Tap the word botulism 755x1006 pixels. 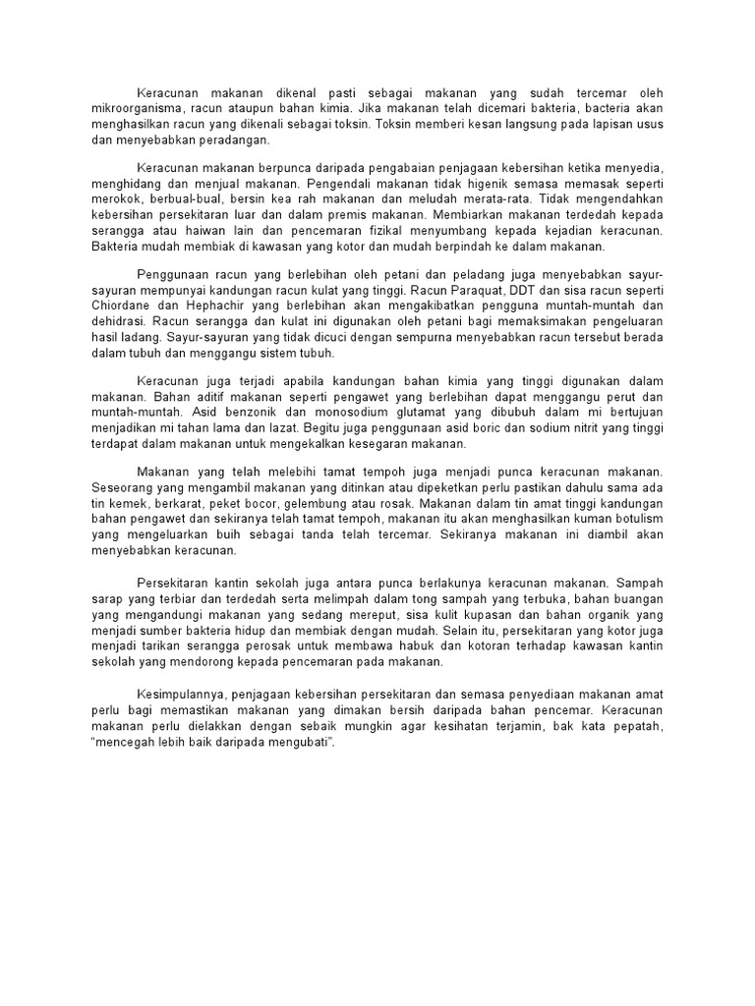[636, 518]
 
